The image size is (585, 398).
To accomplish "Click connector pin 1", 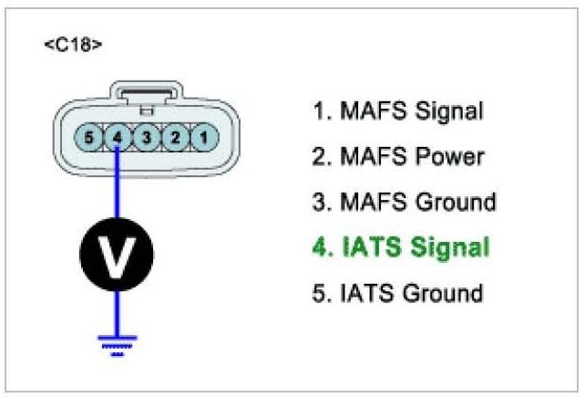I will pyautogui.click(x=206, y=139).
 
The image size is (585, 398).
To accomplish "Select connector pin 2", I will pyautogui.click(x=177, y=139).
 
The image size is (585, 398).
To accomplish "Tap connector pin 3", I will pyautogui.click(x=148, y=139).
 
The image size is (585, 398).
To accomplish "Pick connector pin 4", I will pyautogui.click(x=118, y=139).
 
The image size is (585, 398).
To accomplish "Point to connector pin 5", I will pyautogui.click(x=89, y=139).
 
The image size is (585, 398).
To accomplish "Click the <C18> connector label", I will pyautogui.click(x=72, y=45).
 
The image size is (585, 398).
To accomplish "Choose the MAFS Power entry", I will pyautogui.click(x=397, y=156).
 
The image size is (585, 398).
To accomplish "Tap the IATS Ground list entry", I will pyautogui.click(x=397, y=293).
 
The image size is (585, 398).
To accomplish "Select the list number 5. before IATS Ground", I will pyautogui.click(x=321, y=293).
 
